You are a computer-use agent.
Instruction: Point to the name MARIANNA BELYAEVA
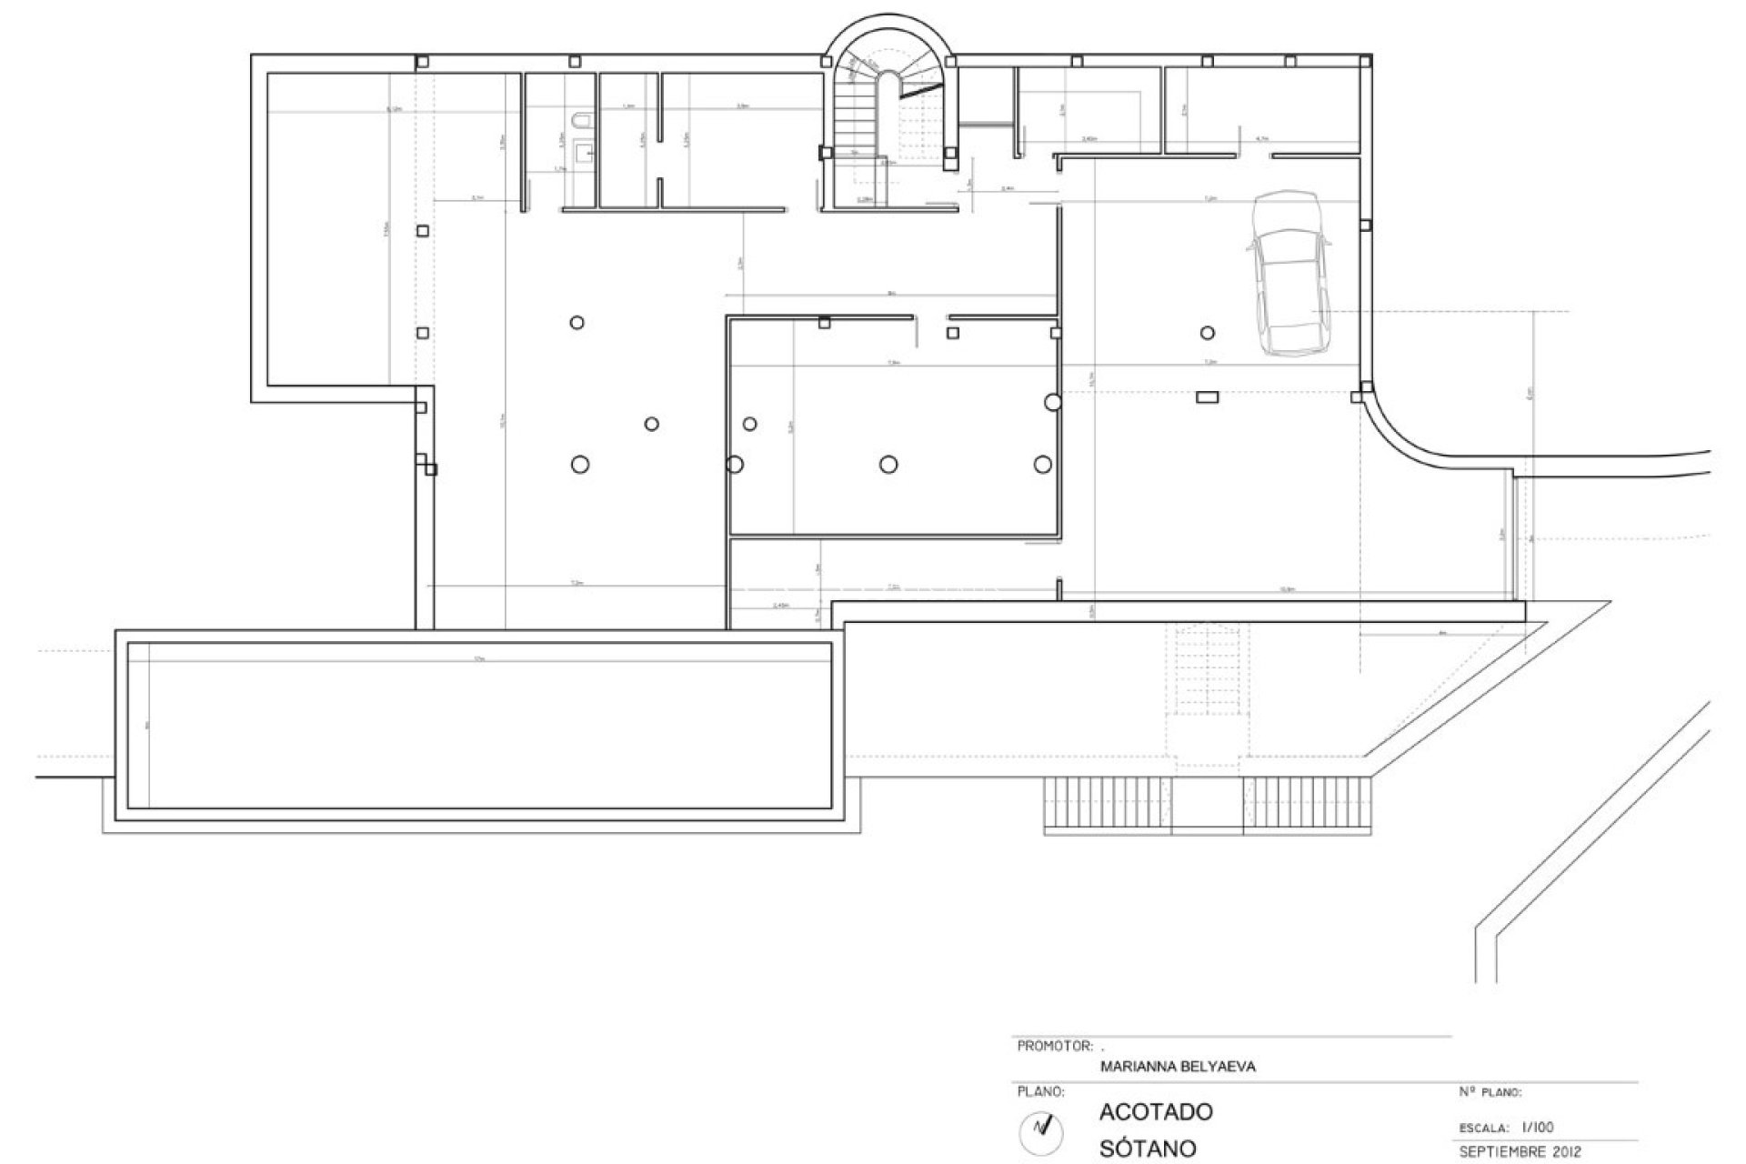[1178, 1067]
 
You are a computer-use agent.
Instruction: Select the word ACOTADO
[1156, 1111]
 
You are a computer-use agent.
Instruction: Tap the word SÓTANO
[1148, 1148]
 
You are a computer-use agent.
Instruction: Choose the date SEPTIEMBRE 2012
[1520, 1152]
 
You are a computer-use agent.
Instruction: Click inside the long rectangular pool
[480, 725]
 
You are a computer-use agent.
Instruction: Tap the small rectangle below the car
[1207, 396]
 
